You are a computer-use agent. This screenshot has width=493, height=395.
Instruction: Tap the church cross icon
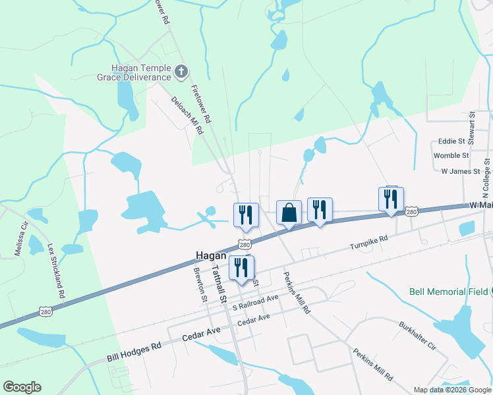click(x=183, y=70)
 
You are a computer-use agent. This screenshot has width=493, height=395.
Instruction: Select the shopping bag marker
click(x=289, y=213)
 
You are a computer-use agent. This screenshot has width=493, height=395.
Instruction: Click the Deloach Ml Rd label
click(x=188, y=116)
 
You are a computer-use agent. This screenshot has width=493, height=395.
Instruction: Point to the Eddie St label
click(x=452, y=142)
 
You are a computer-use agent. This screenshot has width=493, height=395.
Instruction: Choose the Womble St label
click(x=451, y=156)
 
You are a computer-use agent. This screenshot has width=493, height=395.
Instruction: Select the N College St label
click(x=486, y=178)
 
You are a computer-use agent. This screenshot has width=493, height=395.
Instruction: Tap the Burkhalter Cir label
click(x=418, y=335)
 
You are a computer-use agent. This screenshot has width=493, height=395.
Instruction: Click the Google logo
click(x=22, y=387)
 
